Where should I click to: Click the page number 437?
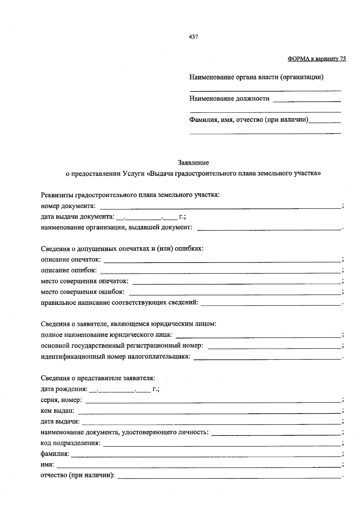[x=193, y=37]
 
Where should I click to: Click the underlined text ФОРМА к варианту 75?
[x=317, y=59]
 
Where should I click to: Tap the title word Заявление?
[x=193, y=163]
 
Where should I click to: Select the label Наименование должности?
[x=229, y=99]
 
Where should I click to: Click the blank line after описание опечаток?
[x=222, y=260]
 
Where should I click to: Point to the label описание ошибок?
[x=69, y=270]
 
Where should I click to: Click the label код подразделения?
[x=70, y=443]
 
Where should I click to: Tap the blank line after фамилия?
[x=206, y=454]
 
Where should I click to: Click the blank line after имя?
[x=199, y=465]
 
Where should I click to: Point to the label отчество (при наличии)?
[x=78, y=475]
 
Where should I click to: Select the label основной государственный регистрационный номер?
[x=122, y=346]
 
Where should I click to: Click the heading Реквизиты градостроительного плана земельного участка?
[x=130, y=195]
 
